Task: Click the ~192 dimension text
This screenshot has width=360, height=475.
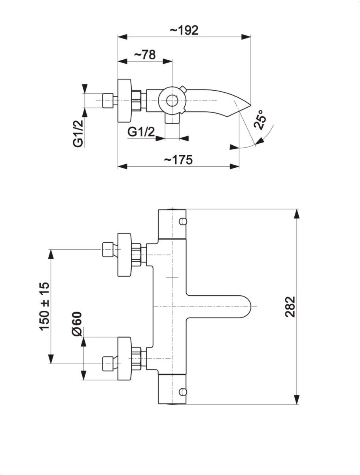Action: coord(184,30)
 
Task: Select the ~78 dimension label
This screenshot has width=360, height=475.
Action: coord(144,55)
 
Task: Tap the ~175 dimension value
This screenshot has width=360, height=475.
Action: coord(178,160)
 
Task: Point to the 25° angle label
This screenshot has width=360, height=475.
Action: coord(260,120)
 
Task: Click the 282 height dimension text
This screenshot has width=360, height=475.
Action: coord(291,306)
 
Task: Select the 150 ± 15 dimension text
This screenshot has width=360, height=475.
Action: coord(44,306)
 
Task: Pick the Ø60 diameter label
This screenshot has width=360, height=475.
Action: coord(77,324)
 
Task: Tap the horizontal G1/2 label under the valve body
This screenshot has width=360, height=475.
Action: coord(141,132)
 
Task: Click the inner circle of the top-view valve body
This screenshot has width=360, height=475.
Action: coord(172,101)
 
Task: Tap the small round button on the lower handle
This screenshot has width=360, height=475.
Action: coord(182,392)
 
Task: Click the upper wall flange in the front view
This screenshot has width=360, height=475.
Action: coord(125,255)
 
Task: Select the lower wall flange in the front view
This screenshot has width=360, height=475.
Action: coord(125,359)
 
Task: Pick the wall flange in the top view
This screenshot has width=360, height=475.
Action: coord(125,101)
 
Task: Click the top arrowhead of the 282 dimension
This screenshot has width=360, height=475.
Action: coord(297,214)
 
